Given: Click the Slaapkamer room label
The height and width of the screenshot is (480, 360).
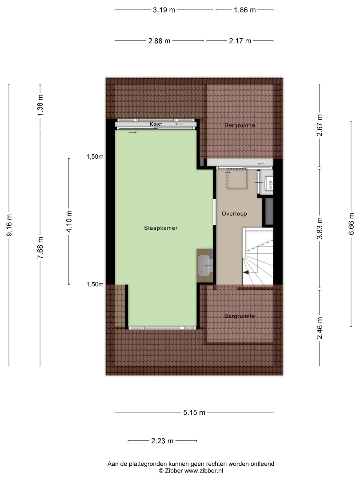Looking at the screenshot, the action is point(161,228).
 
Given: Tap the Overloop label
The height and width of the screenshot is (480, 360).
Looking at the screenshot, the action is point(234,214).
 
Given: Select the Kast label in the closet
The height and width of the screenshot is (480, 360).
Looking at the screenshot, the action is point(156,124).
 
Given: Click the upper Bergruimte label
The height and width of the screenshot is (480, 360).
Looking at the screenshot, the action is point(240,125).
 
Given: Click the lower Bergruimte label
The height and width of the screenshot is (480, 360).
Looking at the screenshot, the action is point(240,316).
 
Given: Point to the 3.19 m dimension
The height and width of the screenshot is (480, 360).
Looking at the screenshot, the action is point(164,10).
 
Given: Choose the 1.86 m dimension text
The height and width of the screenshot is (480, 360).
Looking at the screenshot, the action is point(245,10).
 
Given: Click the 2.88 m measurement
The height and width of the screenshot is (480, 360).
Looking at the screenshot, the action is point(159,41).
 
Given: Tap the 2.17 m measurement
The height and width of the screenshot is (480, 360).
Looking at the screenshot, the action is point(240,41).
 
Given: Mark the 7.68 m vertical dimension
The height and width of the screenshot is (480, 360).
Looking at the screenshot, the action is point(40,248).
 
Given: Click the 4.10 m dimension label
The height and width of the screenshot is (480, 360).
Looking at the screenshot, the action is point(69,221).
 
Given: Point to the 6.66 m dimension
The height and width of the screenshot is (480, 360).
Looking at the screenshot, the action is point(352,224).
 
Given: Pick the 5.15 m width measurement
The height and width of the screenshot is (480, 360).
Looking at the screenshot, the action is point(194,412).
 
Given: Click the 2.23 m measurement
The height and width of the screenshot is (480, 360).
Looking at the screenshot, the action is point(162,441).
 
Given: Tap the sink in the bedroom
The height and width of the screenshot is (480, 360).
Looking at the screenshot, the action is point(205,265).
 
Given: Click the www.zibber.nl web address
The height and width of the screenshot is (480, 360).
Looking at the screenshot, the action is point(204,471).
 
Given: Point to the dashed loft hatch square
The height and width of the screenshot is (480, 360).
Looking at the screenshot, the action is point(237,179).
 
